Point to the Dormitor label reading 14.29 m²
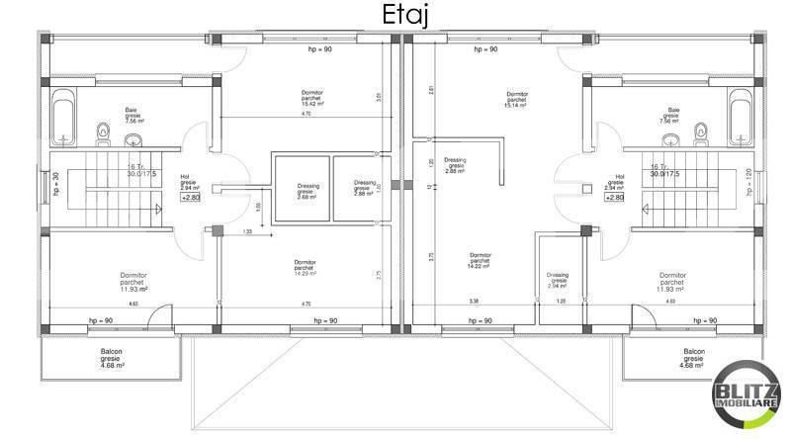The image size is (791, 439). (x=306, y=270)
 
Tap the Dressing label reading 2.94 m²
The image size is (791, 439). (x=559, y=280)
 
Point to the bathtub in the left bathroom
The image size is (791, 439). (x=62, y=116)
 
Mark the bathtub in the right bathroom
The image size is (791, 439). (x=740, y=116)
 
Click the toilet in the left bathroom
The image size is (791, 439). (x=102, y=132)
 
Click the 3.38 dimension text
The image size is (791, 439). (x=474, y=301)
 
